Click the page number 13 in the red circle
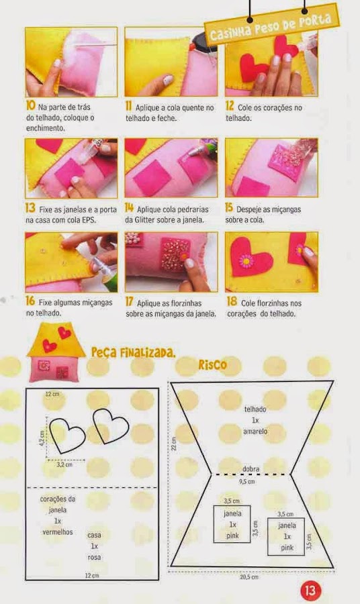(310, 590)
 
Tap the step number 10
(30, 105)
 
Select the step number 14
(129, 208)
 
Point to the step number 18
(232, 301)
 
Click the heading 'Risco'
(213, 364)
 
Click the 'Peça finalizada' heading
(134, 352)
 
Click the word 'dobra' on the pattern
(251, 469)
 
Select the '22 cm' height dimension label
(174, 444)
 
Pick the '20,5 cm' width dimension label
(249, 576)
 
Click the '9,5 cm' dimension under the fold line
(247, 481)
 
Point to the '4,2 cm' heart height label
(42, 438)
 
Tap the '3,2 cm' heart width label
(64, 464)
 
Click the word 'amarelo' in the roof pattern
(255, 432)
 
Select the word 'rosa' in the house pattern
(94, 557)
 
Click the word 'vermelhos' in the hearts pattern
(58, 532)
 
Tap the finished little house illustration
(56, 352)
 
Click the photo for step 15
(272, 168)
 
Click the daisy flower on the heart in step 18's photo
(245, 261)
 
